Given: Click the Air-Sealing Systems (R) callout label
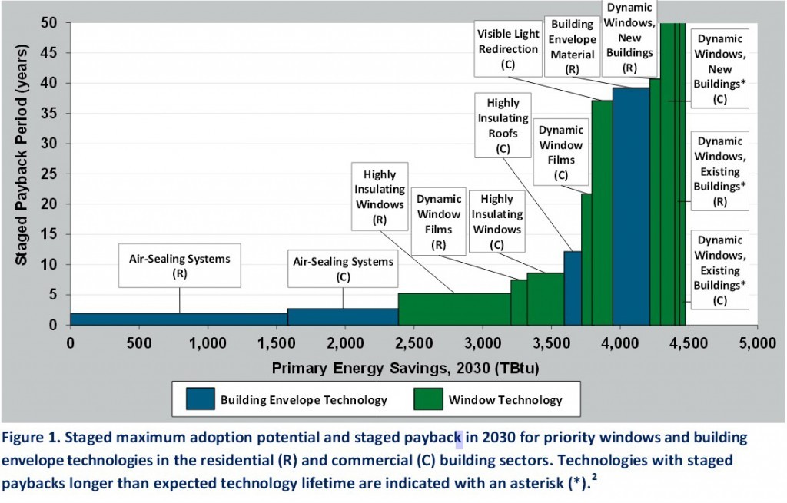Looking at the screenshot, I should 179,266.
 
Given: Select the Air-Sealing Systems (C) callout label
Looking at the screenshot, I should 344,269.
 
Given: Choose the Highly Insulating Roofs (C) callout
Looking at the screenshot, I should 503,125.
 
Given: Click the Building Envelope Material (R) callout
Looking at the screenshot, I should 573,45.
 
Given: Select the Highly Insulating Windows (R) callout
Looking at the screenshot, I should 378,196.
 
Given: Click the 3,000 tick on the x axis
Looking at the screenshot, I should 482,342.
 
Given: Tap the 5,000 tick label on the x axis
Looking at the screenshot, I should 756,342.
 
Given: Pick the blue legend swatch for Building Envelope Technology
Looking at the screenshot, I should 199,399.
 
